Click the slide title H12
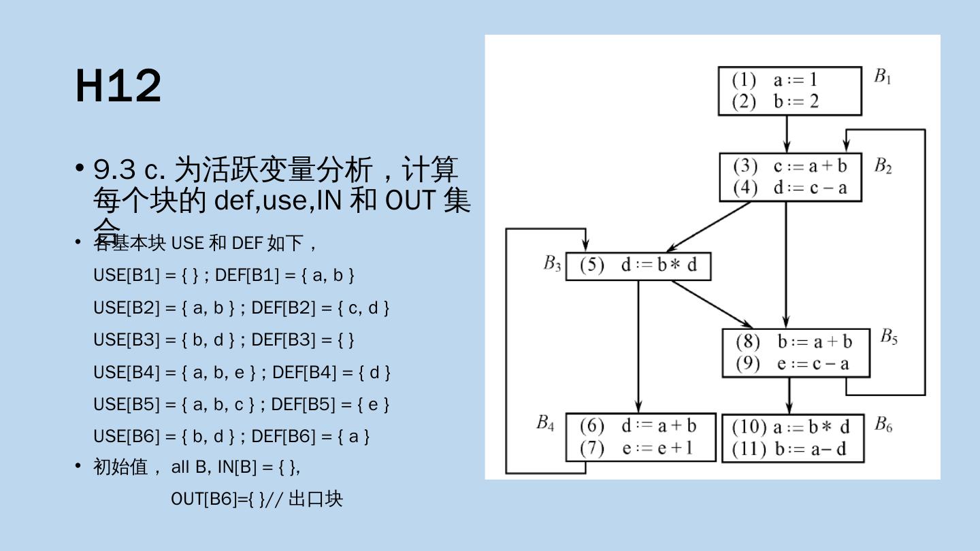pyautogui.click(x=118, y=86)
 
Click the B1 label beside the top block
pyautogui.click(x=883, y=77)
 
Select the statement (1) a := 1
pyautogui.click(x=775, y=80)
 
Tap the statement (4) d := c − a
pyautogui.click(x=790, y=188)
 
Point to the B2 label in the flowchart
pyautogui.click(x=883, y=166)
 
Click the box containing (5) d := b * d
pyautogui.click(x=638, y=265)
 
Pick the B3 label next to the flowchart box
pyautogui.click(x=552, y=263)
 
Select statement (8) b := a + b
pyautogui.click(x=794, y=342)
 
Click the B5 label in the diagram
pyautogui.click(x=889, y=337)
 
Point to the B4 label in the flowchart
pyautogui.click(x=545, y=423)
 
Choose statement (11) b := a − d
pyautogui.click(x=791, y=449)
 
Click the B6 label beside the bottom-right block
pyautogui.click(x=883, y=425)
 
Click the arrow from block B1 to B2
pyautogui.click(x=787, y=134)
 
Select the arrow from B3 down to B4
pyautogui.click(x=638, y=347)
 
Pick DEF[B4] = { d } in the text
pyautogui.click(x=331, y=373)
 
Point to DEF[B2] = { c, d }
pyautogui.click(x=320, y=308)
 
